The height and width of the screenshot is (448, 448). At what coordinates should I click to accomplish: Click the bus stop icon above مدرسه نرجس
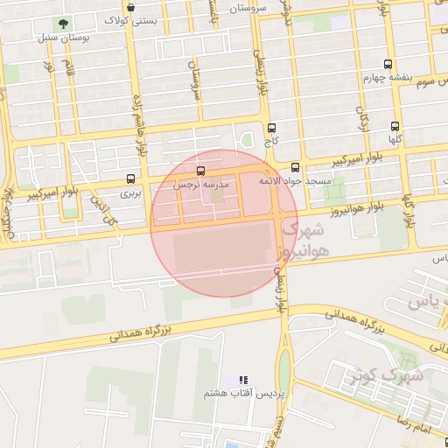pyautogui.click(x=202, y=171)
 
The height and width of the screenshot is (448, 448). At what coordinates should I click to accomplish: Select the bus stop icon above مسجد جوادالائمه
pyautogui.click(x=294, y=167)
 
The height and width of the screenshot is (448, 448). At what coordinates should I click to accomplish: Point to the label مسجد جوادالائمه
pyautogui.click(x=294, y=180)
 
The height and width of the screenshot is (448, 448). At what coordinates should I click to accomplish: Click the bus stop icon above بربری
pyautogui.click(x=130, y=178)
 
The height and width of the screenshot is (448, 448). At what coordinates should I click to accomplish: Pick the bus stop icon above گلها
pyautogui.click(x=395, y=126)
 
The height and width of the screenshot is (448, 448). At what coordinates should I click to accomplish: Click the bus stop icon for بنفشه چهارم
pyautogui.click(x=388, y=64)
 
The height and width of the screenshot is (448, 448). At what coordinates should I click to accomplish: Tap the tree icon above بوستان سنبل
pyautogui.click(x=62, y=24)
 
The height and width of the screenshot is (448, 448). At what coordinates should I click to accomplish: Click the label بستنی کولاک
pyautogui.click(x=131, y=19)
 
